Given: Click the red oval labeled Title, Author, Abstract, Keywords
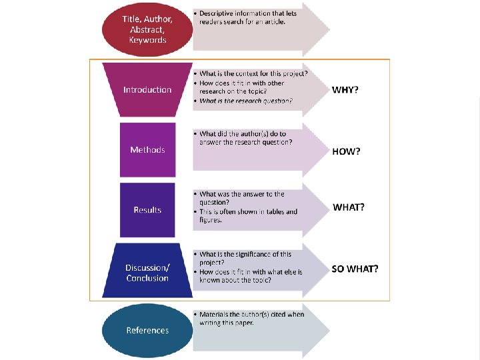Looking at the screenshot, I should [x=147, y=29].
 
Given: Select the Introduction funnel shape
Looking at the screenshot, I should [x=147, y=90].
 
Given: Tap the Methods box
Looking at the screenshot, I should [x=147, y=149].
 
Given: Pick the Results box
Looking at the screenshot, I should [x=147, y=209].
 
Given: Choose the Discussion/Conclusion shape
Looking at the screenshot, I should [x=147, y=272].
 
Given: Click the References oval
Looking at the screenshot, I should [x=147, y=330].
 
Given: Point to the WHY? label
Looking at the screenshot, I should [x=345, y=90].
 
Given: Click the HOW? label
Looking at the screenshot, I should [x=346, y=151].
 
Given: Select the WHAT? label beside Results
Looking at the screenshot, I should [x=349, y=207].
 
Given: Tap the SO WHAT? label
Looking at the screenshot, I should [x=355, y=269].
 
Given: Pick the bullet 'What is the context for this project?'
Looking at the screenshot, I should [x=253, y=73].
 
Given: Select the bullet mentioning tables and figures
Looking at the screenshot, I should [x=248, y=215].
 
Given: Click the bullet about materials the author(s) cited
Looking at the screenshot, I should [x=251, y=318].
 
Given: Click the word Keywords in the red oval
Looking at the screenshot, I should [x=147, y=40].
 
